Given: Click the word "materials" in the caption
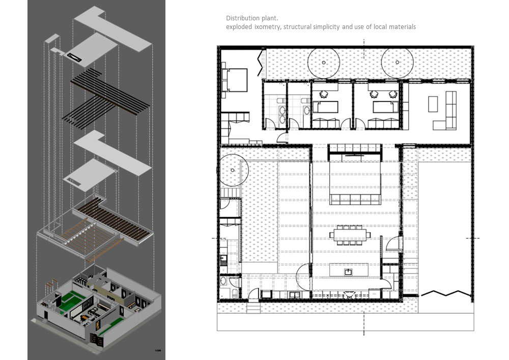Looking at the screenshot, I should (x=401, y=26).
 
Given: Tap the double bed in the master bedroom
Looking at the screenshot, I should (x=235, y=80).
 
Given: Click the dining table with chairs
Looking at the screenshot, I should (x=350, y=236).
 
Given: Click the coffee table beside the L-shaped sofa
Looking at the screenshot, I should (x=433, y=104).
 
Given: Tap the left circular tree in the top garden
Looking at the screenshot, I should (x=324, y=63).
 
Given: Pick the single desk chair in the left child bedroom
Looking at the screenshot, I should (x=322, y=94).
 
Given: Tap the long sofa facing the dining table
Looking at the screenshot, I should (x=355, y=199).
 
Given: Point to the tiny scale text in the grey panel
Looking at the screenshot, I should (x=158, y=351).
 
